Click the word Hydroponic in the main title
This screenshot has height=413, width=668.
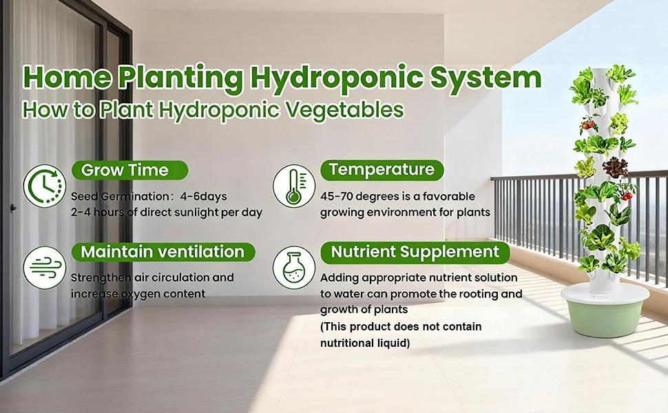point(337,78)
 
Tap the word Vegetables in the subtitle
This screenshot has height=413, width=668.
point(344,110)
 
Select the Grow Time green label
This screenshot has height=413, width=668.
point(129,170)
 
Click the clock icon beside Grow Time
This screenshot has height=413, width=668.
point(45,186)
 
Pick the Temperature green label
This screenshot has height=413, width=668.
point(382,170)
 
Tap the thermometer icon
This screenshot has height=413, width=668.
point(294,186)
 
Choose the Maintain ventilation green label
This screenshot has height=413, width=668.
point(163,252)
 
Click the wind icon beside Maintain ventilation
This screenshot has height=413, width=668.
point(44,268)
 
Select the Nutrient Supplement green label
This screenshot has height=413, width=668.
point(415,252)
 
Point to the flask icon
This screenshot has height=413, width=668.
point(294,268)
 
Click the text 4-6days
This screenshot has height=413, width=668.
point(203,196)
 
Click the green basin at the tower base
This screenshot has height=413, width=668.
point(605,317)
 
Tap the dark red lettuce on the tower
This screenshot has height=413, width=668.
point(615,167)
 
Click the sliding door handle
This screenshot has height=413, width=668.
point(13,208)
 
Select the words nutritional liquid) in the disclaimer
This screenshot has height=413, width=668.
point(365,343)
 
